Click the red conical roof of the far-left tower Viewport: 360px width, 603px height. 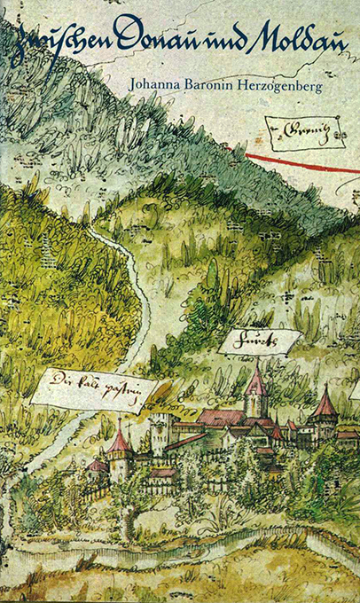tap(119, 440)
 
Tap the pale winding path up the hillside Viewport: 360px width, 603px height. tap(133, 293)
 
